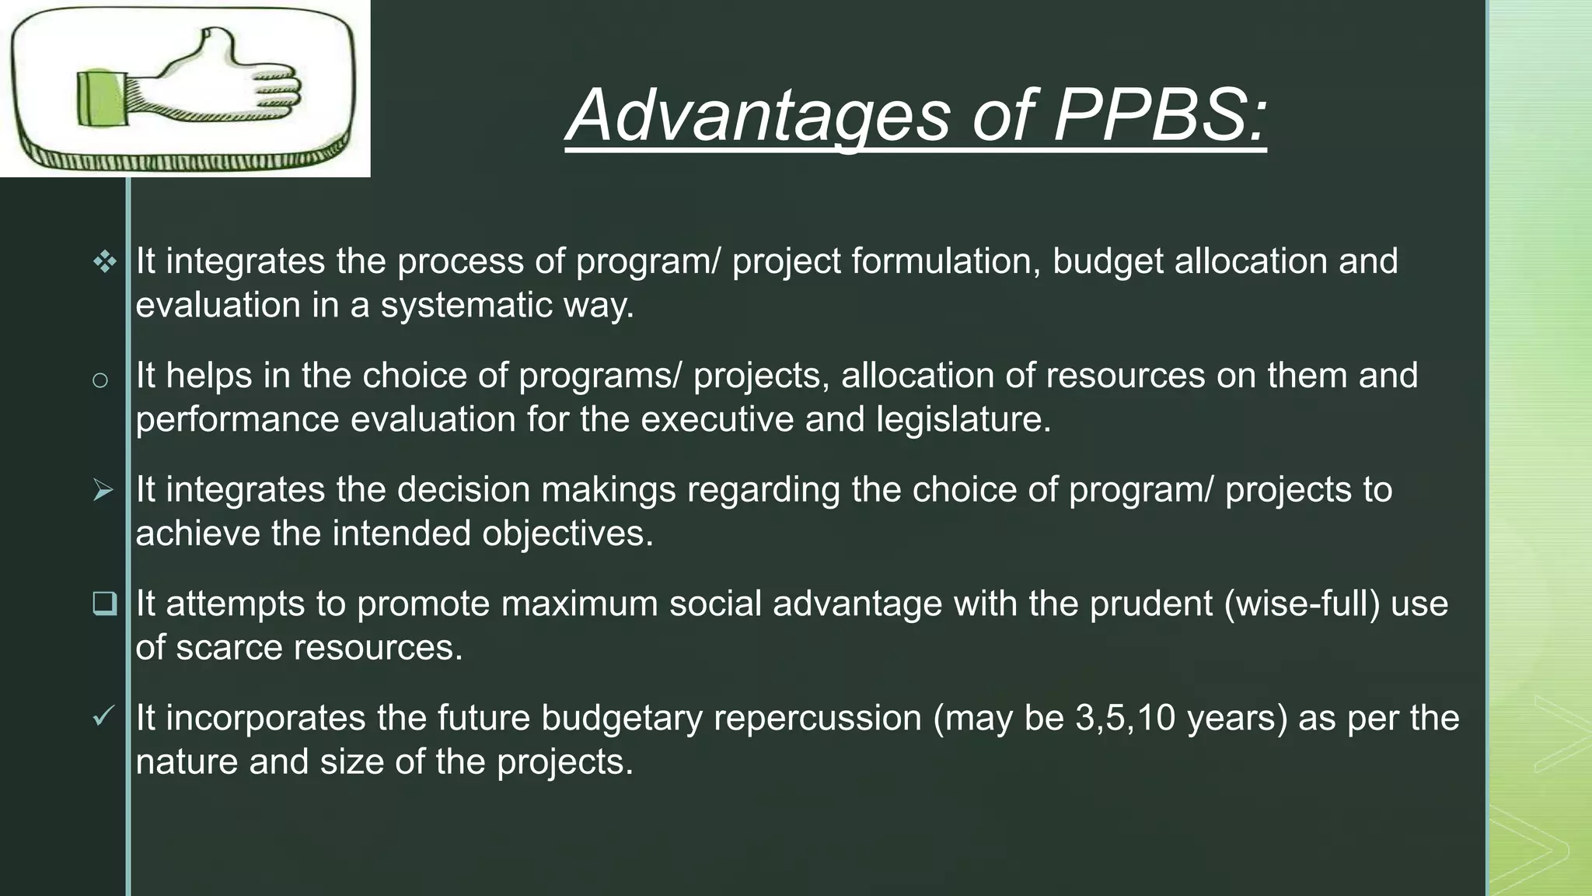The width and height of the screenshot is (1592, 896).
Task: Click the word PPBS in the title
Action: click(x=1158, y=115)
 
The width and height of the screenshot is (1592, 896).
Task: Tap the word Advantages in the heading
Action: click(x=759, y=115)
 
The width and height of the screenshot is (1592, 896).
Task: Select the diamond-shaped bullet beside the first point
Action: click(x=104, y=262)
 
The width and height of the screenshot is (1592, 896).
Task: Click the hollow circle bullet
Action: click(x=99, y=380)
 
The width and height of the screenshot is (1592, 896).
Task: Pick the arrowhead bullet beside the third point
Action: click(x=103, y=491)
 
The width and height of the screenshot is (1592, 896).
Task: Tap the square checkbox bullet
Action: click(x=104, y=604)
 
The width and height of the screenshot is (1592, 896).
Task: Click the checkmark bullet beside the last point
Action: click(x=103, y=716)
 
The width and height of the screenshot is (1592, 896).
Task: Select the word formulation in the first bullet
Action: click(x=945, y=261)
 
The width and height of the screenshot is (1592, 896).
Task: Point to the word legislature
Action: click(x=963, y=419)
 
